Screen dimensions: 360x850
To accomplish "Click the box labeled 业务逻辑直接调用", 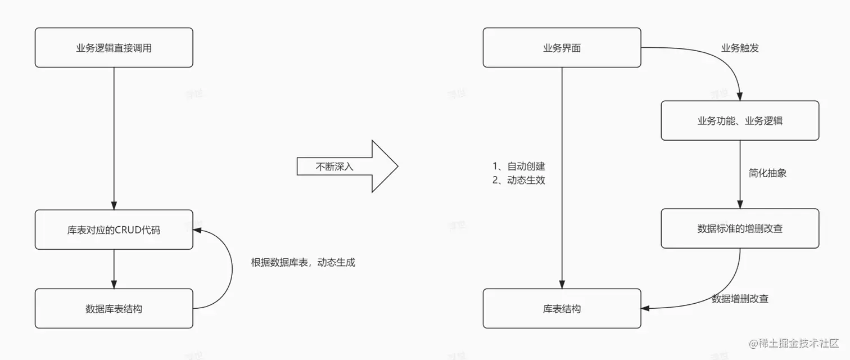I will [114, 48].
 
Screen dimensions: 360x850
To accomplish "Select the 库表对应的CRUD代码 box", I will [114, 229].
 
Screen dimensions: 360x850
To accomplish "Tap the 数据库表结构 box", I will [114, 308].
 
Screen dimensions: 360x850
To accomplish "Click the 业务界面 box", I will [562, 48].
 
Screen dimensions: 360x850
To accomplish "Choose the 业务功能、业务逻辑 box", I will [739, 121].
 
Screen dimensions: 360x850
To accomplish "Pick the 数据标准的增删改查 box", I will [739, 228].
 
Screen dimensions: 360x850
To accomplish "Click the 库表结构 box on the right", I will [562, 308].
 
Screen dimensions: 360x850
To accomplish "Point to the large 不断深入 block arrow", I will [347, 166].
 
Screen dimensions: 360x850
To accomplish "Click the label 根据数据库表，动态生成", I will [303, 262].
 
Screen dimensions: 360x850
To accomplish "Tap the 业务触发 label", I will [740, 48].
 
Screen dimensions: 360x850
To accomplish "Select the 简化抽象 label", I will [767, 173].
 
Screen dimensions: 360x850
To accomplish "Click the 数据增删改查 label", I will [740, 299].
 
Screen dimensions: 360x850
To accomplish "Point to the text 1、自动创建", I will [519, 166].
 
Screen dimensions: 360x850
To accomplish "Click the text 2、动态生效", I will [519, 181].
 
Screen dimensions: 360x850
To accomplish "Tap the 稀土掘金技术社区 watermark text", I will [798, 343].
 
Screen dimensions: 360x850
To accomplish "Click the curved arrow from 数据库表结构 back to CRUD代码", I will [231, 270].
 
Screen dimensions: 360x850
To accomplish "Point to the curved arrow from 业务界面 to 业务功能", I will [725, 62].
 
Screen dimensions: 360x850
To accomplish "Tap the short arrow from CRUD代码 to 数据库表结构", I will [114, 268].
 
